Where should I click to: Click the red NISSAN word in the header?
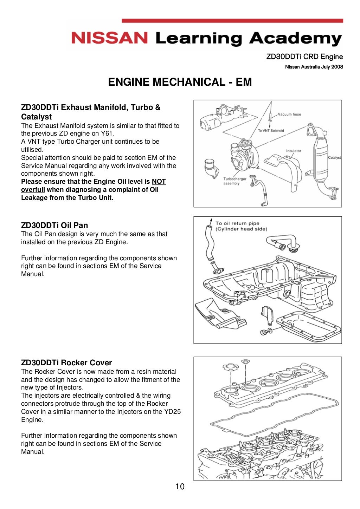[109, 38]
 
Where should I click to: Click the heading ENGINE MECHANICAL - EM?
[180, 82]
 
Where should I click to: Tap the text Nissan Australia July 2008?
[314, 67]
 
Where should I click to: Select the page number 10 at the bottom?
[180, 487]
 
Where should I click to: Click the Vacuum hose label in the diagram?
[289, 114]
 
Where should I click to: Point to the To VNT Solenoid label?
[271, 130]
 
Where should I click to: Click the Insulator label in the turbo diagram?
[293, 151]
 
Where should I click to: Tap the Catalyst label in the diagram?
[334, 157]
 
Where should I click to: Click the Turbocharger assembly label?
[234, 181]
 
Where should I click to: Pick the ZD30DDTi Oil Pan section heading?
[54, 225]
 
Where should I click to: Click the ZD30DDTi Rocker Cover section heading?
[66, 363]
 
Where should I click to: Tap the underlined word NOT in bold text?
[159, 182]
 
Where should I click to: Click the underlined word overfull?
[33, 190]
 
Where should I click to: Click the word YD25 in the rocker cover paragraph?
[172, 412]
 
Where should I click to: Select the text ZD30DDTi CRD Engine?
[304, 57]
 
